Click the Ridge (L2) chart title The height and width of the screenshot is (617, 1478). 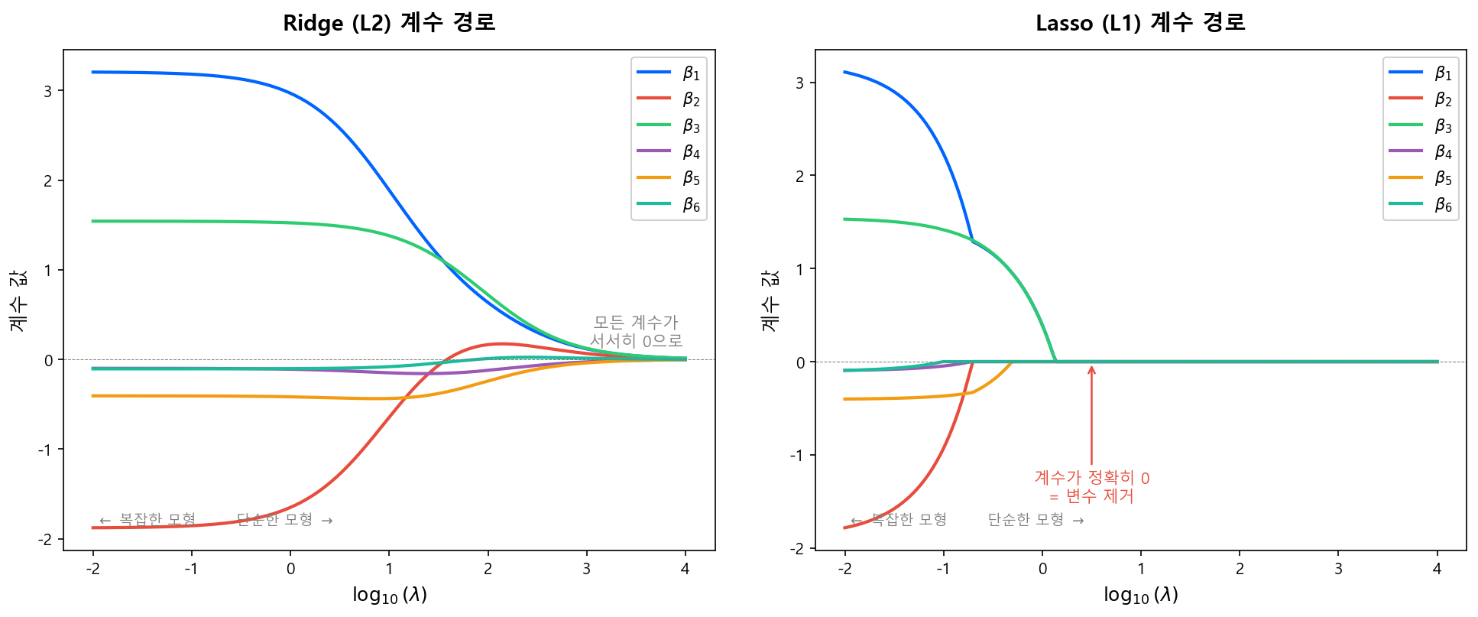click(x=389, y=23)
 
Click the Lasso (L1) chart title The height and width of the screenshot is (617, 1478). click(x=1140, y=23)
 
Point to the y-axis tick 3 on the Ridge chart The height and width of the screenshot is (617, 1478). click(x=48, y=91)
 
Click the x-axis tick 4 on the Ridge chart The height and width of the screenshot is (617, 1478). click(x=685, y=569)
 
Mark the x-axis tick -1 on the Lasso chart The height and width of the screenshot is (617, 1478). click(x=943, y=569)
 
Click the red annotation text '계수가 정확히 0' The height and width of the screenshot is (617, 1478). click(x=1091, y=478)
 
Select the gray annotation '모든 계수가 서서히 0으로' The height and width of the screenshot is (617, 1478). click(x=636, y=332)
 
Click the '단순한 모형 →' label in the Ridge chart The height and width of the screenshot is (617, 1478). click(x=284, y=520)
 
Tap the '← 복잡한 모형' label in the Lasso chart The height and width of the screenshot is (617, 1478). click(x=899, y=520)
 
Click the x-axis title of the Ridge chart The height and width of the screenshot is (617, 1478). click(x=389, y=595)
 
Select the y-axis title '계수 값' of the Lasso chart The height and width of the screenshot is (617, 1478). click(x=770, y=300)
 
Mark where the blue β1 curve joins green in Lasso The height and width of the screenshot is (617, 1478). click(x=972, y=241)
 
